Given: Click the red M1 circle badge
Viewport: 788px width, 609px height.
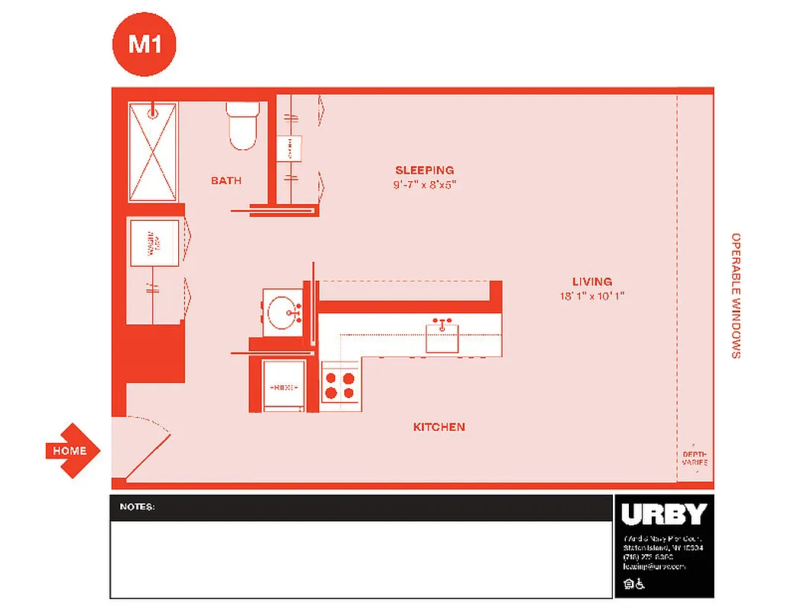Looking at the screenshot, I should (145, 44).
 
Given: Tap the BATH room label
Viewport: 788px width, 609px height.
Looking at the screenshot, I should (226, 180).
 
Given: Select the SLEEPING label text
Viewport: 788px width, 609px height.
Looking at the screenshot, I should (424, 170).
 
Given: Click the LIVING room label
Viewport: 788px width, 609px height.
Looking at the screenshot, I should (592, 282).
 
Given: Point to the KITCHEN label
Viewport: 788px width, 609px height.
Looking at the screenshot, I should (439, 427).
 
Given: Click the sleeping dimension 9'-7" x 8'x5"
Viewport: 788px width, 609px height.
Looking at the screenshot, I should (424, 184).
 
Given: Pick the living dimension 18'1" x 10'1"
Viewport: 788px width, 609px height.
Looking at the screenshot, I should (592, 296).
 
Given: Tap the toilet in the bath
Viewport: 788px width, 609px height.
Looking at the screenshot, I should (244, 126).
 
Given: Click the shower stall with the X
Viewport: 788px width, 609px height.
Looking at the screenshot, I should (152, 152).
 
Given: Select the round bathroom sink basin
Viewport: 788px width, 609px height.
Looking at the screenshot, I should (284, 311).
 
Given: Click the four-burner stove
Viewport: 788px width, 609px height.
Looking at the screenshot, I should (340, 384).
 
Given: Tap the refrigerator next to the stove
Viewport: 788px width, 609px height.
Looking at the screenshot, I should (284, 386).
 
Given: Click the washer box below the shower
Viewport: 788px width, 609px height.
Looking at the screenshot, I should (154, 243).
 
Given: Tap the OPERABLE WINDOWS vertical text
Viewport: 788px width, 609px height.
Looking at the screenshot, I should (735, 295).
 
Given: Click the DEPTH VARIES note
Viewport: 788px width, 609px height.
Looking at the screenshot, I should (694, 458).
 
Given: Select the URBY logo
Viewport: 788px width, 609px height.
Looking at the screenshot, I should (663, 515).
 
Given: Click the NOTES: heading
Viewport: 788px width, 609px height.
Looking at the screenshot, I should (137, 506).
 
